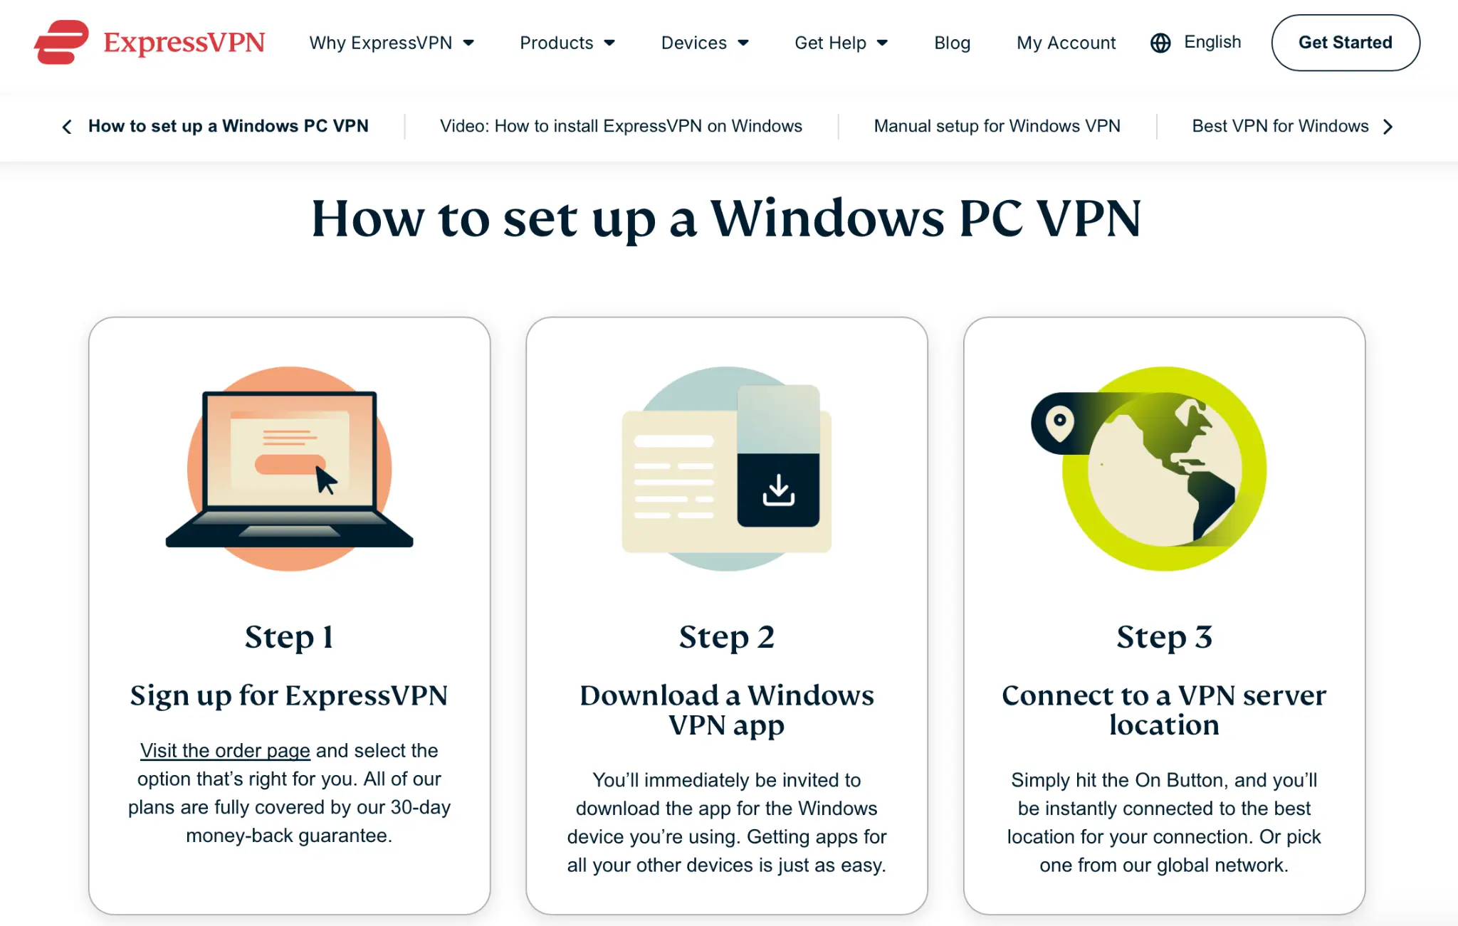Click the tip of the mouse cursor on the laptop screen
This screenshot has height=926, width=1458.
(317, 467)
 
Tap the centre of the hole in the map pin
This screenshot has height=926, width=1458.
(1059, 420)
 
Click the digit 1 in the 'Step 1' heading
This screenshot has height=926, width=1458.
(327, 637)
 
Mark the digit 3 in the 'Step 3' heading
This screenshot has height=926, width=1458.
(1203, 637)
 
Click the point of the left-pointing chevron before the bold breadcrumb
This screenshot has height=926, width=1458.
(63, 127)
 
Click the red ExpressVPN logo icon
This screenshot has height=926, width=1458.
(61, 42)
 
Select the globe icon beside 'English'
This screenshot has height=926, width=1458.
(1160, 43)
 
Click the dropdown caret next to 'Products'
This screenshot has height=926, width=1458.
(609, 43)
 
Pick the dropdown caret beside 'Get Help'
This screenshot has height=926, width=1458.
(883, 43)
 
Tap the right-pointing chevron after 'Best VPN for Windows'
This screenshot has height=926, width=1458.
(1389, 127)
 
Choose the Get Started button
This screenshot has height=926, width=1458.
(1346, 43)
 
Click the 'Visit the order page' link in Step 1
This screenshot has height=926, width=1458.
(225, 750)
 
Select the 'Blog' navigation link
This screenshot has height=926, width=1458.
(953, 43)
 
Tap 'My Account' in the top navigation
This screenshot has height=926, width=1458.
(1066, 43)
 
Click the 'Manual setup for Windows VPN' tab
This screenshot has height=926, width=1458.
(997, 126)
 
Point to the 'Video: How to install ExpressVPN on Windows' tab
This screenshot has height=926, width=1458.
(621, 126)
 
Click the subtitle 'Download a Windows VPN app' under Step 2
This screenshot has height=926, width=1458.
(727, 710)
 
